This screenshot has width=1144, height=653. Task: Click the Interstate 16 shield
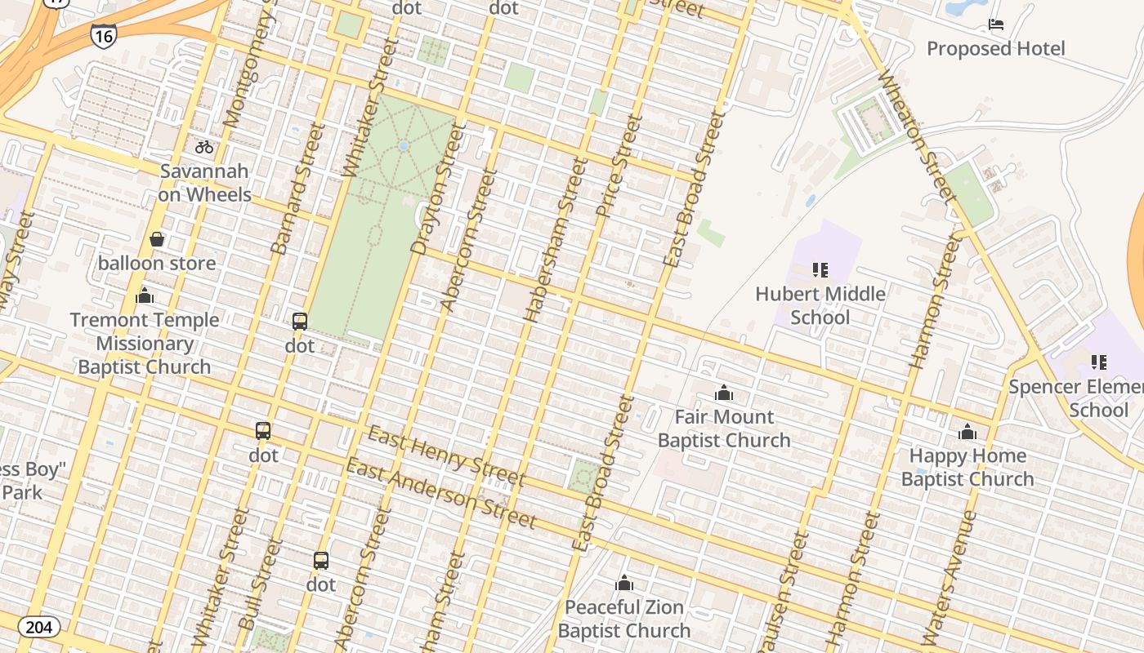[103, 36]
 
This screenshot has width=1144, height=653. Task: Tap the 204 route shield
[38, 627]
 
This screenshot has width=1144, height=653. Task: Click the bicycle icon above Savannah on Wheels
[204, 147]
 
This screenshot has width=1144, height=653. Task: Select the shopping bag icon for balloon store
[157, 239]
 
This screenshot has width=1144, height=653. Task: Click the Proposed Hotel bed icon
[995, 24]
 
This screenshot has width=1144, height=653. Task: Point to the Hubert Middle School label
[820, 305]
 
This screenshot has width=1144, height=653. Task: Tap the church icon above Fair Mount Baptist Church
[723, 393]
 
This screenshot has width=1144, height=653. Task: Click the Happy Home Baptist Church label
[967, 467]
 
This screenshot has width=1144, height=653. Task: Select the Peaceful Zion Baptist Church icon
[624, 583]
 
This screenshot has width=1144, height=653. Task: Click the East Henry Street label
[445, 455]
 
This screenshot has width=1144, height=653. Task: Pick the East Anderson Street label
[440, 493]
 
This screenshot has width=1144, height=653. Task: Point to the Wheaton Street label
[916, 135]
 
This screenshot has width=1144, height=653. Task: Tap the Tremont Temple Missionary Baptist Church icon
[145, 295]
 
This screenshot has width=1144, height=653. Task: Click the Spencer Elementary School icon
[1098, 362]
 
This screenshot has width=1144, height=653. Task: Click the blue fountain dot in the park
[403, 145]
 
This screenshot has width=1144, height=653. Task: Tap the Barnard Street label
[292, 189]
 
